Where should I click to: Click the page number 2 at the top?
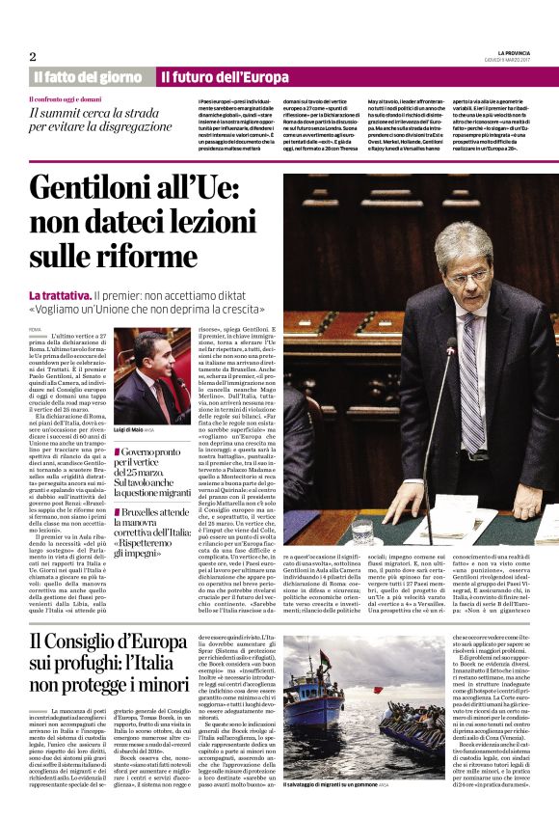(32, 56)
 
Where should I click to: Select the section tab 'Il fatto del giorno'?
(88, 76)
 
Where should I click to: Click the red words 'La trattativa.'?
(60, 294)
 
